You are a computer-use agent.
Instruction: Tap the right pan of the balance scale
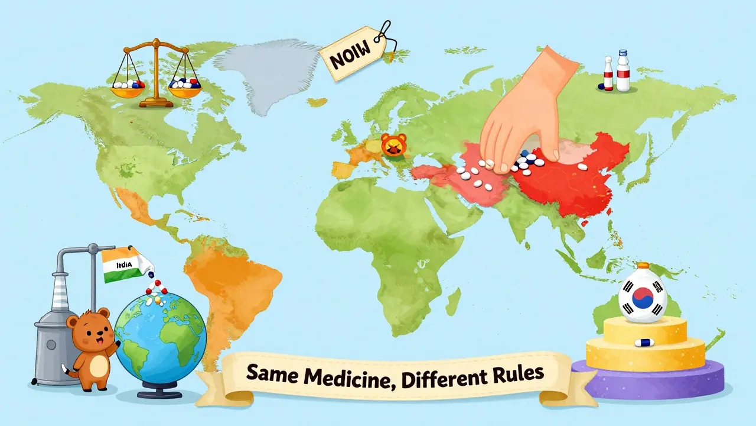pos(184,86)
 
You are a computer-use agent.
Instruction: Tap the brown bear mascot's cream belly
pos(89,352)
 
